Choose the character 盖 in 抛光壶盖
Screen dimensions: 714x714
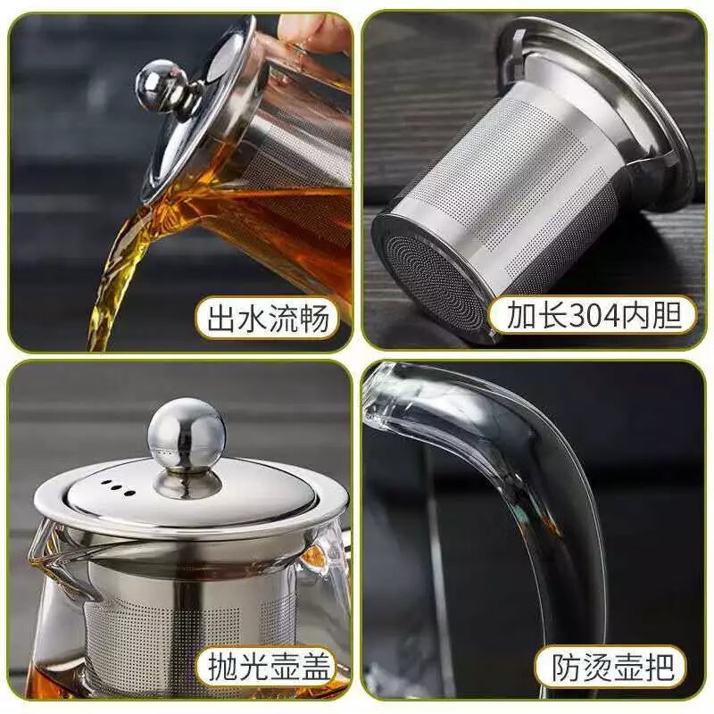coord(315,665)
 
